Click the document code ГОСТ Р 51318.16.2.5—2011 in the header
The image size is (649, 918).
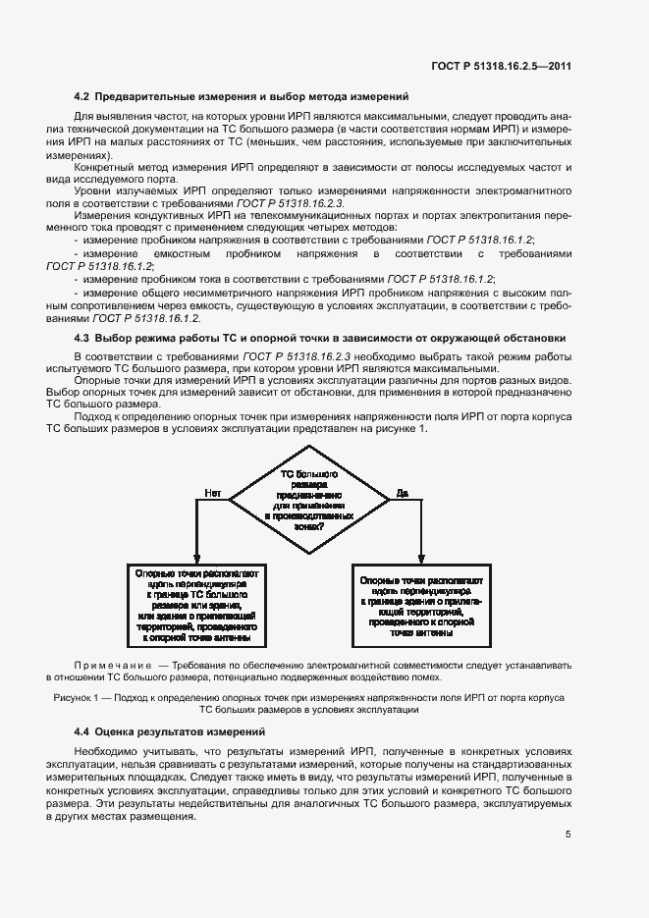[x=501, y=67]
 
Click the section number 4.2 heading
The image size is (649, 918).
[x=83, y=96]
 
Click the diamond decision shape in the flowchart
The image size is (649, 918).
[x=309, y=501]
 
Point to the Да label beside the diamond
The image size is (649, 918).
[x=403, y=492]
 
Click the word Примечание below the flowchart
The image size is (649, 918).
[x=114, y=664]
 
